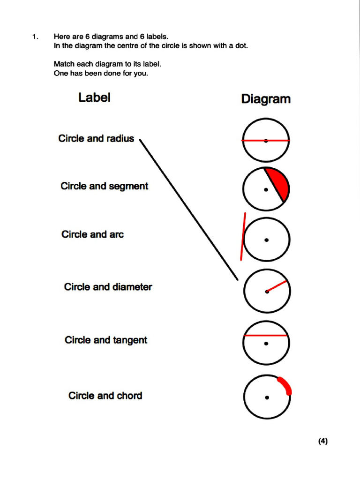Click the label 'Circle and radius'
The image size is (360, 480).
pyautogui.click(x=96, y=138)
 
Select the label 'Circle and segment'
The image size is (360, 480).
pyautogui.click(x=104, y=186)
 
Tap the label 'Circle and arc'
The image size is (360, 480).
pyautogui.click(x=92, y=234)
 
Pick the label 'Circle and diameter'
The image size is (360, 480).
pyautogui.click(x=108, y=286)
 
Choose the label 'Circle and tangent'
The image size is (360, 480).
pyautogui.click(x=106, y=340)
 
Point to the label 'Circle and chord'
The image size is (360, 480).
pyautogui.click(x=105, y=396)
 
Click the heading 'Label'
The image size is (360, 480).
pyautogui.click(x=94, y=97)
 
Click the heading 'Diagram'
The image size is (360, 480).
pyautogui.click(x=265, y=99)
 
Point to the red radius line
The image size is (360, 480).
pyautogui.click(x=277, y=286)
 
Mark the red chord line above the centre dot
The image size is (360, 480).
pyautogui.click(x=266, y=336)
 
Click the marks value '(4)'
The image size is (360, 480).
pyautogui.click(x=322, y=441)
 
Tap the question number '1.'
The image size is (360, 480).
pyautogui.click(x=35, y=36)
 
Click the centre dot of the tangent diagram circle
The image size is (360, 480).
pyautogui.click(x=266, y=240)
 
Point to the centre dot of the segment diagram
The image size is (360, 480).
pyautogui.click(x=266, y=190)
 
